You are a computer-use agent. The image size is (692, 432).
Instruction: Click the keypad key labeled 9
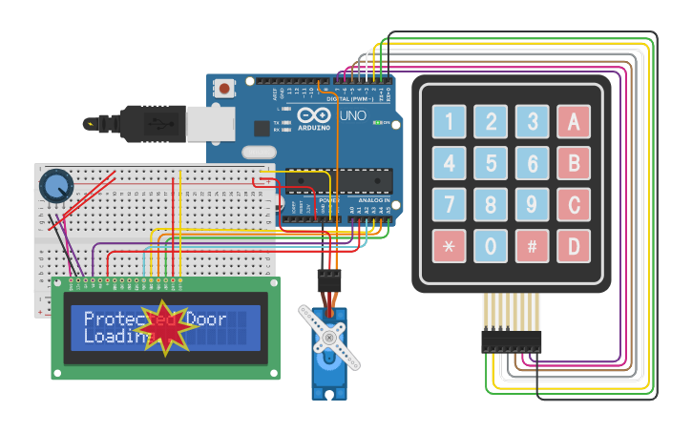[x=533, y=204]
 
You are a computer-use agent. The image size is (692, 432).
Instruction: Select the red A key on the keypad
[x=574, y=121]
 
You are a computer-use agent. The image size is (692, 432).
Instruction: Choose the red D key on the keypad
[x=574, y=246]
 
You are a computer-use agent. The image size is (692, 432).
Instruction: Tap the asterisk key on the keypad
[x=449, y=246]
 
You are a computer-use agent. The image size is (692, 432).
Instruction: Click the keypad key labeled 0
[x=491, y=246]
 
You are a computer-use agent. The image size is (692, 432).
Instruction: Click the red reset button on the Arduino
[x=224, y=89]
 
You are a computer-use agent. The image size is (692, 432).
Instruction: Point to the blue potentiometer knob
[x=56, y=184]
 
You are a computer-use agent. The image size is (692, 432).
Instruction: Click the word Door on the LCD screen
[x=206, y=319]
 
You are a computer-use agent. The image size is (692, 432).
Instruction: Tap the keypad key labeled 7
[x=449, y=204]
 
